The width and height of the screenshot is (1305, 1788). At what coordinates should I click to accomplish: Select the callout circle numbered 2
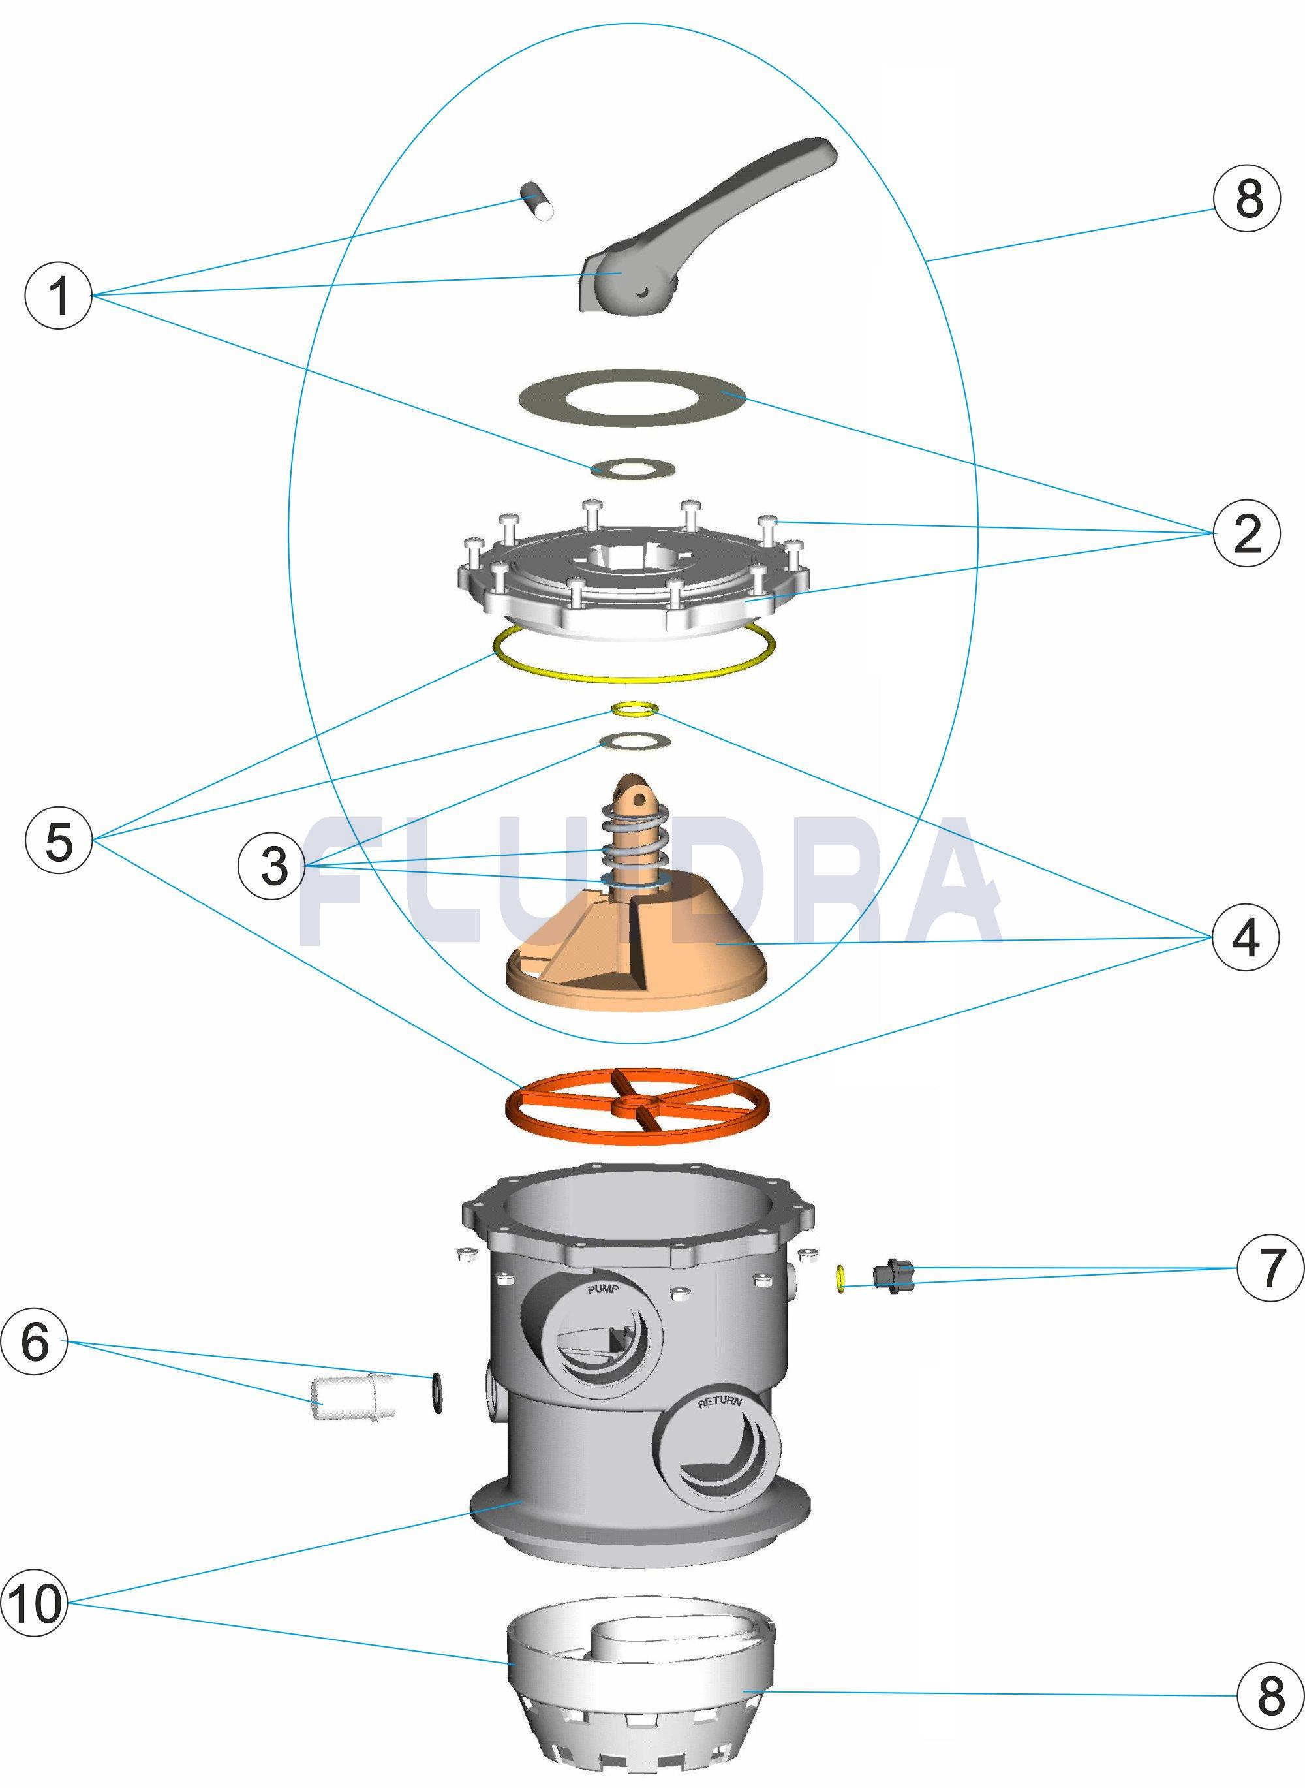click(1246, 535)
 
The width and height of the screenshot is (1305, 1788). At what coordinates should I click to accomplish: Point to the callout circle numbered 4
click(1246, 939)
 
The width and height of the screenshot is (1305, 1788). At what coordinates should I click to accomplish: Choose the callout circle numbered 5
click(59, 841)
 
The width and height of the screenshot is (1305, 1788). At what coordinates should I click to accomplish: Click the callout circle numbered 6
click(35, 1342)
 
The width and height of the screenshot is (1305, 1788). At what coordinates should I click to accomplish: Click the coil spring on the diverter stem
click(637, 841)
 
